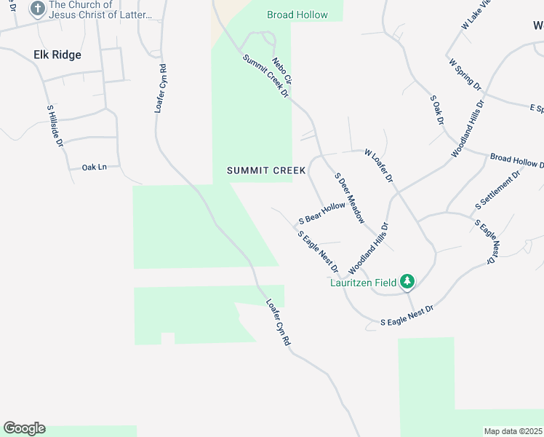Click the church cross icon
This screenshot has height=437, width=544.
tap(36, 9)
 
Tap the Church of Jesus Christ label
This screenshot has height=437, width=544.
tap(100, 9)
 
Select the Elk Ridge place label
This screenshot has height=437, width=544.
tap(57, 55)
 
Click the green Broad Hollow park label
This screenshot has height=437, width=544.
tap(297, 15)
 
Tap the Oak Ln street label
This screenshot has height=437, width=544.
tap(95, 167)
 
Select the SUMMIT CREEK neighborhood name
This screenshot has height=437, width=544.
tap(266, 171)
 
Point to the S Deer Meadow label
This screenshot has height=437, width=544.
tap(349, 197)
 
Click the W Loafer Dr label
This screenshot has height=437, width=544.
tap(379, 166)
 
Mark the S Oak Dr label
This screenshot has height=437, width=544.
tap(436, 110)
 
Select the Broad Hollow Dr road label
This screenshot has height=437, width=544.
tap(516, 161)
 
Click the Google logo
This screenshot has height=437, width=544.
tap(24, 428)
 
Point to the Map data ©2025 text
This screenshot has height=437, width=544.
tap(513, 431)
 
